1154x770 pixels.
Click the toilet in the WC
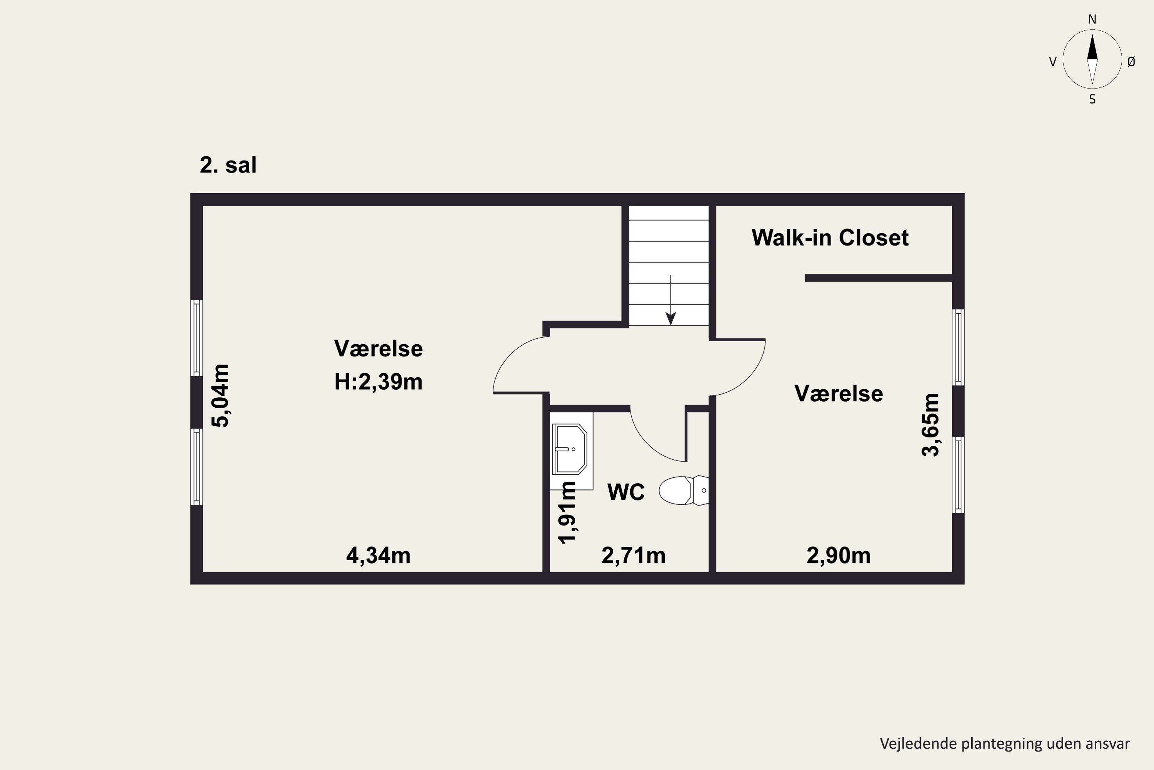[684, 490]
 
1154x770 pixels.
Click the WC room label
[626, 492]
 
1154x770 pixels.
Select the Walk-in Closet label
[830, 238]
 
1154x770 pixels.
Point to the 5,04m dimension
[220, 396]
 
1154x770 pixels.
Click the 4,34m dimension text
[378, 556]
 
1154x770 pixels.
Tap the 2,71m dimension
[634, 556]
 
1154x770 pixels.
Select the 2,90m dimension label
[839, 556]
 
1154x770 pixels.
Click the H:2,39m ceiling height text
[378, 382]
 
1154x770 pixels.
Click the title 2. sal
[228, 165]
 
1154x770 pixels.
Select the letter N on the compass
[1092, 19]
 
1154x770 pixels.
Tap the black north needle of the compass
[1092, 47]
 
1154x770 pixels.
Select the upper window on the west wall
[196, 338]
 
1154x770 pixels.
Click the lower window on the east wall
[958, 475]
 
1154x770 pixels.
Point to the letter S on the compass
[1092, 99]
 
